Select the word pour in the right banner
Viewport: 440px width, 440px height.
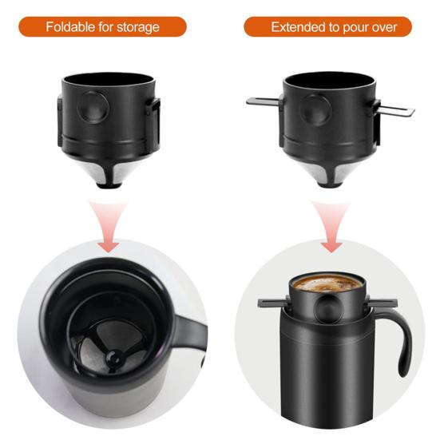(x=355, y=28)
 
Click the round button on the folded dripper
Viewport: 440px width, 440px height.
(x=93, y=108)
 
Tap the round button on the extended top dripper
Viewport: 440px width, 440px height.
(x=315, y=110)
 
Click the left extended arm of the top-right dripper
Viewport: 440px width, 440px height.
(x=263, y=101)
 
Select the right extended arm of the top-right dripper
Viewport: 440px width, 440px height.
(x=397, y=110)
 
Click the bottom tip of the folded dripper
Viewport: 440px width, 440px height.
(x=109, y=184)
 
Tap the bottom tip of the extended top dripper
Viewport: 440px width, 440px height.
(x=330, y=184)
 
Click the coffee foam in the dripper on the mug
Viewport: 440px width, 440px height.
(x=327, y=283)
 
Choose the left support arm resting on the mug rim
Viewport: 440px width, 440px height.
(x=273, y=303)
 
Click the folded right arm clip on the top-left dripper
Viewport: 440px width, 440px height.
(x=153, y=121)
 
